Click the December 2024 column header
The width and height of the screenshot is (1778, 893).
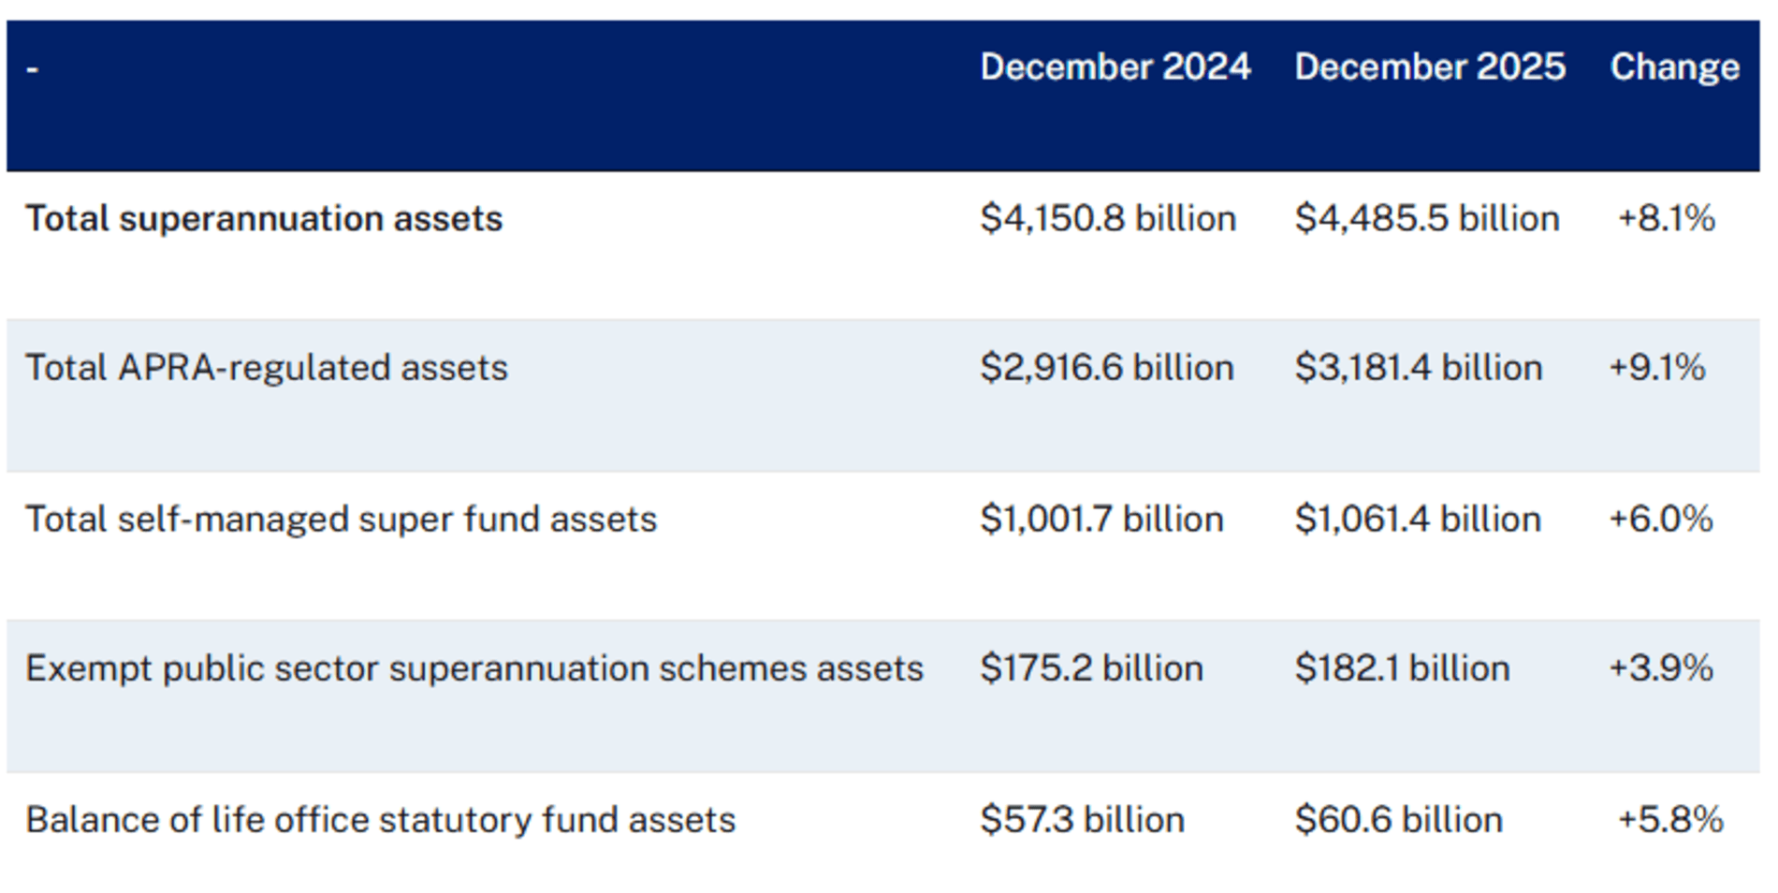coord(1115,67)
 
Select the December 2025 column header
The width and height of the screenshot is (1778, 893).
coord(1429,67)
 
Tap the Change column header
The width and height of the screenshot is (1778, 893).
coord(1674,67)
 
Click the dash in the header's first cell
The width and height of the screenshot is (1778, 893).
coord(32,69)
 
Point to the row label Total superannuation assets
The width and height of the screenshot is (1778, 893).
coord(264,219)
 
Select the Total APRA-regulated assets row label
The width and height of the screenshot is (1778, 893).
coord(267,368)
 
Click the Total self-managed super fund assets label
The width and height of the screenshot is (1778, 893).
coord(341,520)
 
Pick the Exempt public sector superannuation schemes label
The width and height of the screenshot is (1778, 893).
coord(474,669)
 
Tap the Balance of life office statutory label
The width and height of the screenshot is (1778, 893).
coord(380,820)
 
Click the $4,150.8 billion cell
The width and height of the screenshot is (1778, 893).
coord(1108,219)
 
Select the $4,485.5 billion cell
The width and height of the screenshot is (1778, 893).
coord(1427,219)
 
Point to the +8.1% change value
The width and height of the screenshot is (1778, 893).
coord(1666,219)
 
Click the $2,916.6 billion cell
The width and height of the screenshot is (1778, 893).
coord(1107,368)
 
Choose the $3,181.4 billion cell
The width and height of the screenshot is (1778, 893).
coord(1419,368)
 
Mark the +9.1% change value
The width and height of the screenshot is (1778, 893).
coord(1657,368)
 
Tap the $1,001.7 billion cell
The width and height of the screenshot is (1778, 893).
coord(1101,520)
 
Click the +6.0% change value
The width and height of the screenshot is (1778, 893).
coord(1661,520)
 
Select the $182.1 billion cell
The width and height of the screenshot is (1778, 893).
coord(1402,669)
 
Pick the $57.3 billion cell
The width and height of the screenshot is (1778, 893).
coord(1082,820)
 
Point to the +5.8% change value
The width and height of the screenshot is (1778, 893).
coord(1670,820)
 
